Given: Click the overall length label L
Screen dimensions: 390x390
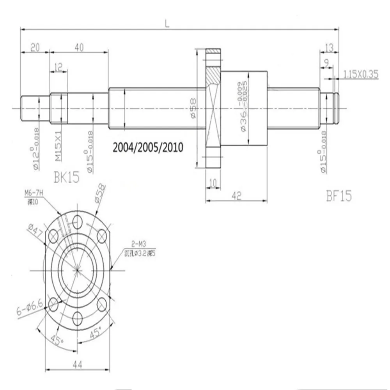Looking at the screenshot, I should point(167,23).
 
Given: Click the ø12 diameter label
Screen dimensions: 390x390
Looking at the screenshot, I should point(36,149).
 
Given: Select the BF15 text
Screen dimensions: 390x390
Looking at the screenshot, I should point(339,196).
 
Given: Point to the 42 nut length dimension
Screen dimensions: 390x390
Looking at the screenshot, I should point(236,197).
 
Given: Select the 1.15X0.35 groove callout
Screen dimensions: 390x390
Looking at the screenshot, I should point(361,74).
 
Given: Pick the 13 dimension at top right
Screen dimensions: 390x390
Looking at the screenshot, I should point(329,47).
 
